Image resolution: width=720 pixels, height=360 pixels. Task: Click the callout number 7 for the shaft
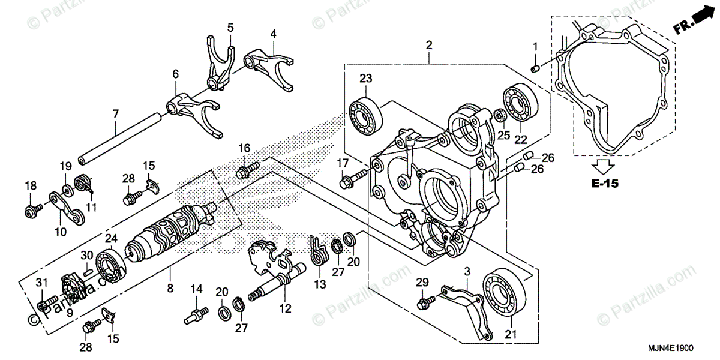(x=115, y=113)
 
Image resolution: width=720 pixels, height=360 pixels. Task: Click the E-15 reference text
(x=603, y=184)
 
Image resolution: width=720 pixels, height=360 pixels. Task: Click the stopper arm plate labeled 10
(x=66, y=207)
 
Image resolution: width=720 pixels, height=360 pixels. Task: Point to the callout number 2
(x=429, y=45)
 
